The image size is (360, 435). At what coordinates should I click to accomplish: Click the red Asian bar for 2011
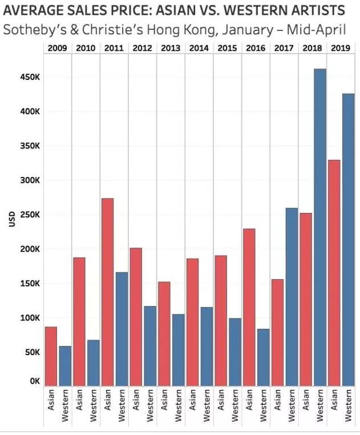pos(108,292)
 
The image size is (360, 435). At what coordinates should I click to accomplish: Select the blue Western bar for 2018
pos(320,227)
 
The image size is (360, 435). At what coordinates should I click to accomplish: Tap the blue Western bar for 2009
pos(65,366)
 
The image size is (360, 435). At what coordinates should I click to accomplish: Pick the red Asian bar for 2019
pos(334,273)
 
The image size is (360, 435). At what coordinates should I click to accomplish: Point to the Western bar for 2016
pos(263,357)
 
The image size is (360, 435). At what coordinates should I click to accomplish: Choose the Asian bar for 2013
pos(164,334)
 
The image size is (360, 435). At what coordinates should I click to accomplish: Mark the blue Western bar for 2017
pos(292,297)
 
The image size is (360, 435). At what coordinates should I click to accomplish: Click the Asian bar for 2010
pos(79,321)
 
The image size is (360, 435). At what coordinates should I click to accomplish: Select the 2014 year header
pos(199,48)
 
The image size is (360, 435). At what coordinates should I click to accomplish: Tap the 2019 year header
pos(341,48)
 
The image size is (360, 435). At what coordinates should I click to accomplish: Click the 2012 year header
pos(142,48)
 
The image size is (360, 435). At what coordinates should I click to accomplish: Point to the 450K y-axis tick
pos(30,77)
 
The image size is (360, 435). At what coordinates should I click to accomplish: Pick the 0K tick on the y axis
pos(35,381)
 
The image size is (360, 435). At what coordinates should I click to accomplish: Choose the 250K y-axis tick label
pos(30,215)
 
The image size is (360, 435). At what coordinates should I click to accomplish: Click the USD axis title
pos(11,219)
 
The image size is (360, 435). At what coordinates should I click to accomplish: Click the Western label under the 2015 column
pos(234,405)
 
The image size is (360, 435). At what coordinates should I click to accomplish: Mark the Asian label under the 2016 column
pos(249,400)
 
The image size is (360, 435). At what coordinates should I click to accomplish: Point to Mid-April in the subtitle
pos(317,30)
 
